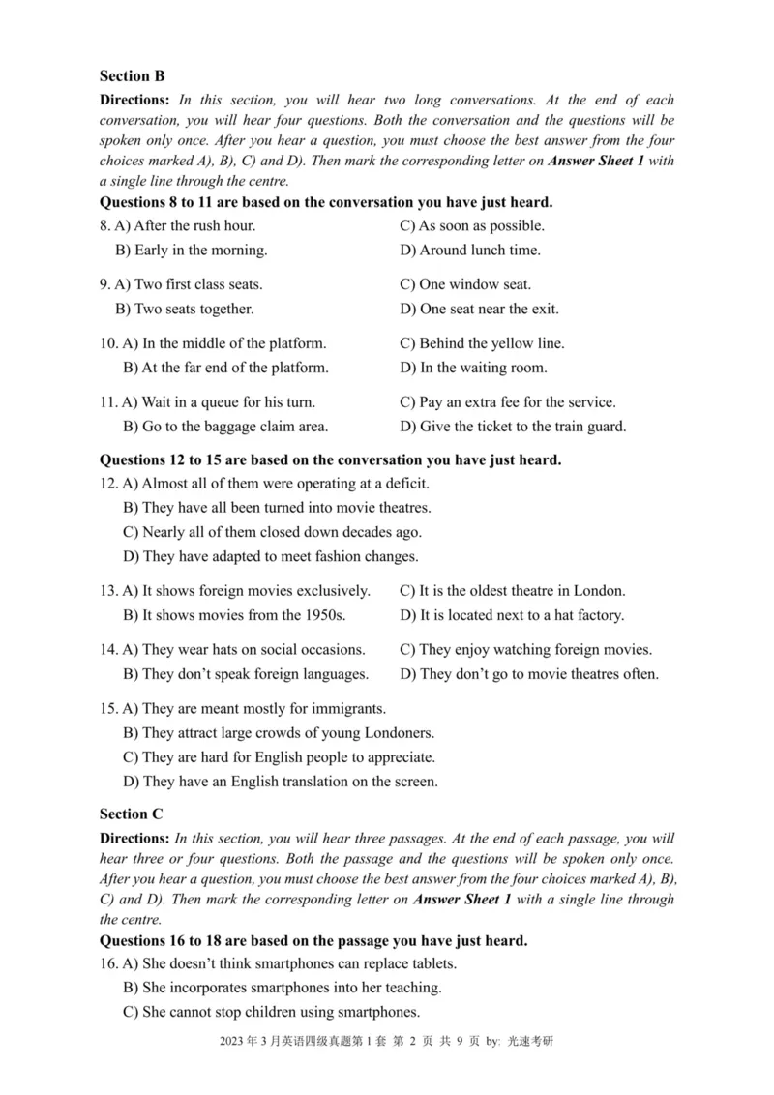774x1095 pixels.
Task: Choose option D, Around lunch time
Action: [x=470, y=250]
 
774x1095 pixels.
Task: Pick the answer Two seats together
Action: [x=185, y=309]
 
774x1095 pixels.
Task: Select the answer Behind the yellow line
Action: [x=482, y=343]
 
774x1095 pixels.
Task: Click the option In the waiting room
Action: [x=473, y=368]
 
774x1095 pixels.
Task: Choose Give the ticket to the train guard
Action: [x=513, y=426]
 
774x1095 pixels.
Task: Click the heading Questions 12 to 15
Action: [x=330, y=459]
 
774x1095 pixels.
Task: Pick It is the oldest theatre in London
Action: [x=512, y=590]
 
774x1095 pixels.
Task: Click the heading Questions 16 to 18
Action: [x=313, y=939]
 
